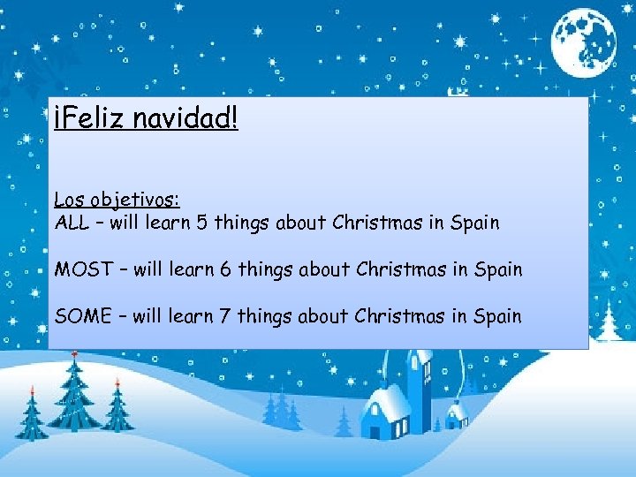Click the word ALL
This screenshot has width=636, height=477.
72,223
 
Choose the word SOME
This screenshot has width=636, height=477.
81,315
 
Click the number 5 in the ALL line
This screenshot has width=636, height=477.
202,223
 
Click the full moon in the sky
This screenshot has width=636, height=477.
584,39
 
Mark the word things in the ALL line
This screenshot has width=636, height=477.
241,223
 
